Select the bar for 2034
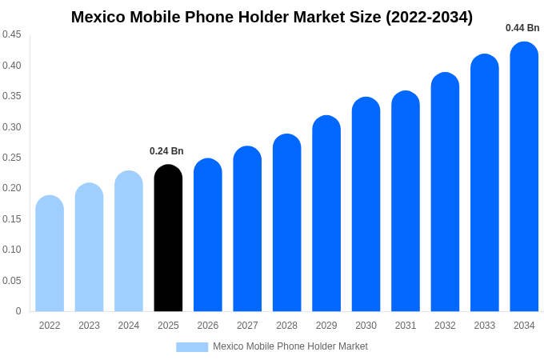(x=524, y=177)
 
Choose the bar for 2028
(x=287, y=223)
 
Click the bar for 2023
(x=89, y=247)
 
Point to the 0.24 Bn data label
(x=166, y=151)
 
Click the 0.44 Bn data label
(x=522, y=28)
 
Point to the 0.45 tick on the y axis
(x=12, y=34)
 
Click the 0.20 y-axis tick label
(x=12, y=188)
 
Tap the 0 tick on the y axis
(x=18, y=311)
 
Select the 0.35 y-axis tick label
(x=12, y=96)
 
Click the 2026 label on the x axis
(x=208, y=326)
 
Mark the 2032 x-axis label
(x=445, y=326)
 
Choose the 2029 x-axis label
(x=326, y=326)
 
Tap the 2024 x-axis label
(x=129, y=326)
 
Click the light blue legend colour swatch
(x=192, y=347)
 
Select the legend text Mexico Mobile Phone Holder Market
(x=290, y=346)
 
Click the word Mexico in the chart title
(x=100, y=17)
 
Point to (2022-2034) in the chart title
(x=430, y=17)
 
